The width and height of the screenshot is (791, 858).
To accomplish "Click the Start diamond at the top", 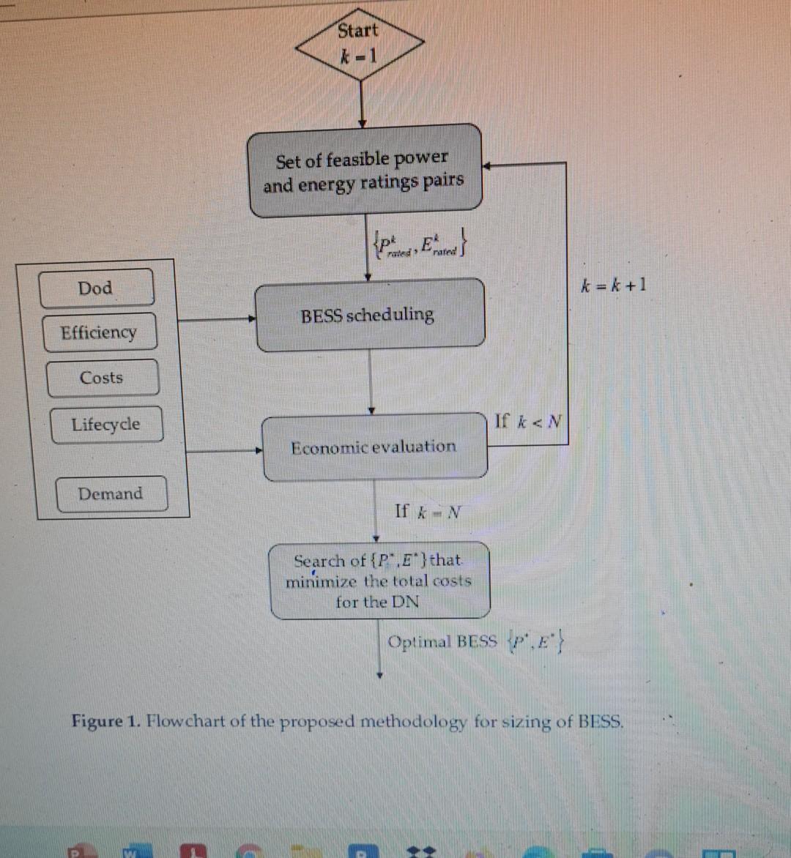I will [x=359, y=43].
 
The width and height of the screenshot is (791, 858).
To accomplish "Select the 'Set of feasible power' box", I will [x=365, y=171].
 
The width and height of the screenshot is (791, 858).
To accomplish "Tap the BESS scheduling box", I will [x=369, y=315].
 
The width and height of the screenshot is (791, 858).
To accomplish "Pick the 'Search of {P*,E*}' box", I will [x=379, y=581].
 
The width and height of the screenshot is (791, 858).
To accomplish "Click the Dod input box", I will [x=96, y=288].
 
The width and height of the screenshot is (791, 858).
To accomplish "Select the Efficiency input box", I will [x=99, y=333].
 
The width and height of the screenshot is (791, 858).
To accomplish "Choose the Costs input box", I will [x=102, y=378].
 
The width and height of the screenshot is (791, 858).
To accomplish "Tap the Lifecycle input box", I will [x=106, y=425].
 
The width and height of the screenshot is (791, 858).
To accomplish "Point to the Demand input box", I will [x=111, y=493].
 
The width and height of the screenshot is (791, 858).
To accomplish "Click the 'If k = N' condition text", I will [x=428, y=512].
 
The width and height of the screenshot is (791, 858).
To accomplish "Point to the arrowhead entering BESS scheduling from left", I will [x=251, y=319].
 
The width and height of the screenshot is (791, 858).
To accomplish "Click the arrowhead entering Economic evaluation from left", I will [x=259, y=451].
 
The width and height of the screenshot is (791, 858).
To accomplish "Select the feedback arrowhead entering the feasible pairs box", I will [x=486, y=165].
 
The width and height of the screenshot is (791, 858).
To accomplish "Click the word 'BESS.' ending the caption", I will [x=601, y=721].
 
